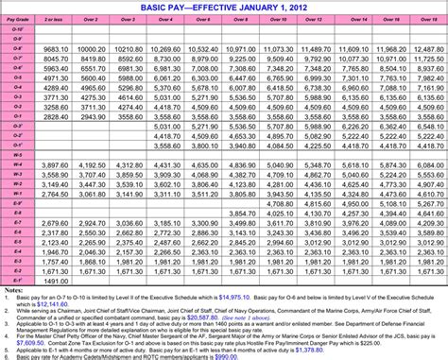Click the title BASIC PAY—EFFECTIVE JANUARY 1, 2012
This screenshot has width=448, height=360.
point(223,7)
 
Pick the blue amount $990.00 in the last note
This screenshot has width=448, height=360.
point(254,357)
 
